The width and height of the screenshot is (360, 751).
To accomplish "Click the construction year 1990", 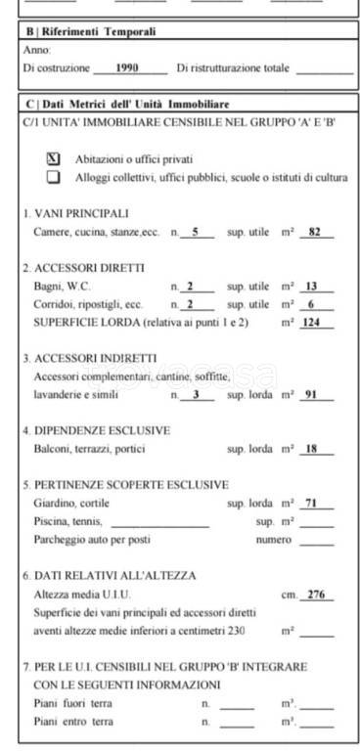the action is (126, 68).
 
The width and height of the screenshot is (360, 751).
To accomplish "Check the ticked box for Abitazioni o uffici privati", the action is (54, 158).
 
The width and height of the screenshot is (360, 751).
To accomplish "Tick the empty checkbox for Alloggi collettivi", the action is (54, 177).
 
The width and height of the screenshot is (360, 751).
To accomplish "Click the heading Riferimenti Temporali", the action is (90, 32).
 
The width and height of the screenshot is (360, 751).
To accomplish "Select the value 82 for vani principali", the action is (315, 232).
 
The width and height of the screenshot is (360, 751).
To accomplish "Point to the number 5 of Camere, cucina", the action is (196, 232).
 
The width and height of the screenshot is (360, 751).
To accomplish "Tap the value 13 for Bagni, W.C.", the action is (313, 287).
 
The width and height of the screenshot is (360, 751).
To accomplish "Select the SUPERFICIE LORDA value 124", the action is (311, 322).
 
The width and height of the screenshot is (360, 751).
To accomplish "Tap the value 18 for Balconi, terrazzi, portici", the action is (313, 449).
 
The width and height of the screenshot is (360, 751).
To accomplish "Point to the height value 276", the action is (315, 595).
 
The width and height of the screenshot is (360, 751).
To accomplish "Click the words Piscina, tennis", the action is (67, 521).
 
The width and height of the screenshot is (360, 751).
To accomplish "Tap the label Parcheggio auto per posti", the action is (92, 539).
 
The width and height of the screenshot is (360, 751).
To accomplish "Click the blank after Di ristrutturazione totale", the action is (323, 68).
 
